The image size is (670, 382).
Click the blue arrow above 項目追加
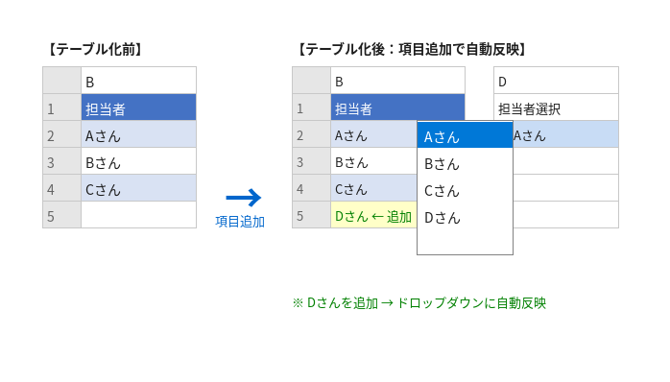pos(244,198)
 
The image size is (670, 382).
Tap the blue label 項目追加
pos(240,222)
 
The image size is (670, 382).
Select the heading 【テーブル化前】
pos(94,50)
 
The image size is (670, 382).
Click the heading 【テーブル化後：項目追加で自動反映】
pos(411,50)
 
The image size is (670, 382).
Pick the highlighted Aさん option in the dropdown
pos(465,135)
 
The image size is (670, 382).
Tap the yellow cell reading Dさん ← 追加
pos(374,214)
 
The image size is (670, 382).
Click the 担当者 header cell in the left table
pos(138,107)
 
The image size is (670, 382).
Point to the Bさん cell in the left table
pos(138,161)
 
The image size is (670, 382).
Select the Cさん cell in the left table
pos(138,188)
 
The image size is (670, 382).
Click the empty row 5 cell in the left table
pos(138,214)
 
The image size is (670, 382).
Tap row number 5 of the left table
pos(62,214)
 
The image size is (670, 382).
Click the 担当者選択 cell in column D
pos(556,107)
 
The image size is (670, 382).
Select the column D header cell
pos(556,81)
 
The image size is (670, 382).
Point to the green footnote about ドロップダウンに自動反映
pos(419,303)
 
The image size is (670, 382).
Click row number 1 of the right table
pos(312,107)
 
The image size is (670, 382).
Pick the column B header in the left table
pos(138,81)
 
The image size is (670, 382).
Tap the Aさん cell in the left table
pos(138,134)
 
